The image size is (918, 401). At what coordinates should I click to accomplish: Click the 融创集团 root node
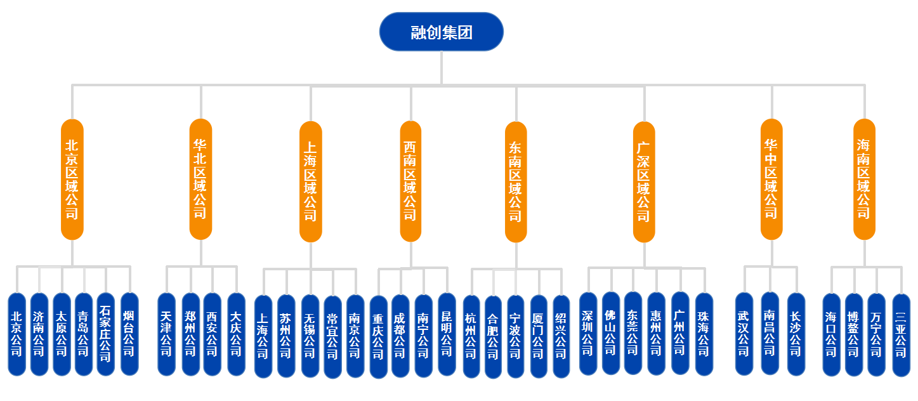(441, 32)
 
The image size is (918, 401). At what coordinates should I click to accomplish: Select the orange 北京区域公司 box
(72, 179)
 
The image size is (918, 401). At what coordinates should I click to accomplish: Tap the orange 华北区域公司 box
(200, 179)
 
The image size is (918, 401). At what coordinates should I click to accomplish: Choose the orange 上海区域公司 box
(311, 181)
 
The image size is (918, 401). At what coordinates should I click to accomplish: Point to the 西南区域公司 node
(410, 181)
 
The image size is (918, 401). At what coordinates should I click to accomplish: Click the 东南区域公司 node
(516, 181)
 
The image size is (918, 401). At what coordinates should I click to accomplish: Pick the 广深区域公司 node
(644, 181)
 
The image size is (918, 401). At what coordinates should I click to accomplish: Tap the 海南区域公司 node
(864, 179)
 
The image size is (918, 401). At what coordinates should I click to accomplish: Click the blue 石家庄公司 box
(106, 334)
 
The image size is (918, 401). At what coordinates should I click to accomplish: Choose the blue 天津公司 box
(166, 334)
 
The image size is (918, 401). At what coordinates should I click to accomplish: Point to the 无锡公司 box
(310, 336)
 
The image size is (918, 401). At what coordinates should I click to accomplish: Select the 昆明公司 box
(447, 334)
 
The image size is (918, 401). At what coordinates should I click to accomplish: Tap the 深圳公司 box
(588, 333)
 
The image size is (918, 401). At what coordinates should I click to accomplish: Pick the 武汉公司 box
(744, 333)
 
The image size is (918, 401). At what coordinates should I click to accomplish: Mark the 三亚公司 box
(901, 335)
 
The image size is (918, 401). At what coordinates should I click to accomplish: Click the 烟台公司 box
(129, 334)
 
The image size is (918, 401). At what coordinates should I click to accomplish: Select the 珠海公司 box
(704, 333)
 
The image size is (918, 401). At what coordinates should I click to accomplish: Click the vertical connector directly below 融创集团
(442, 67)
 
